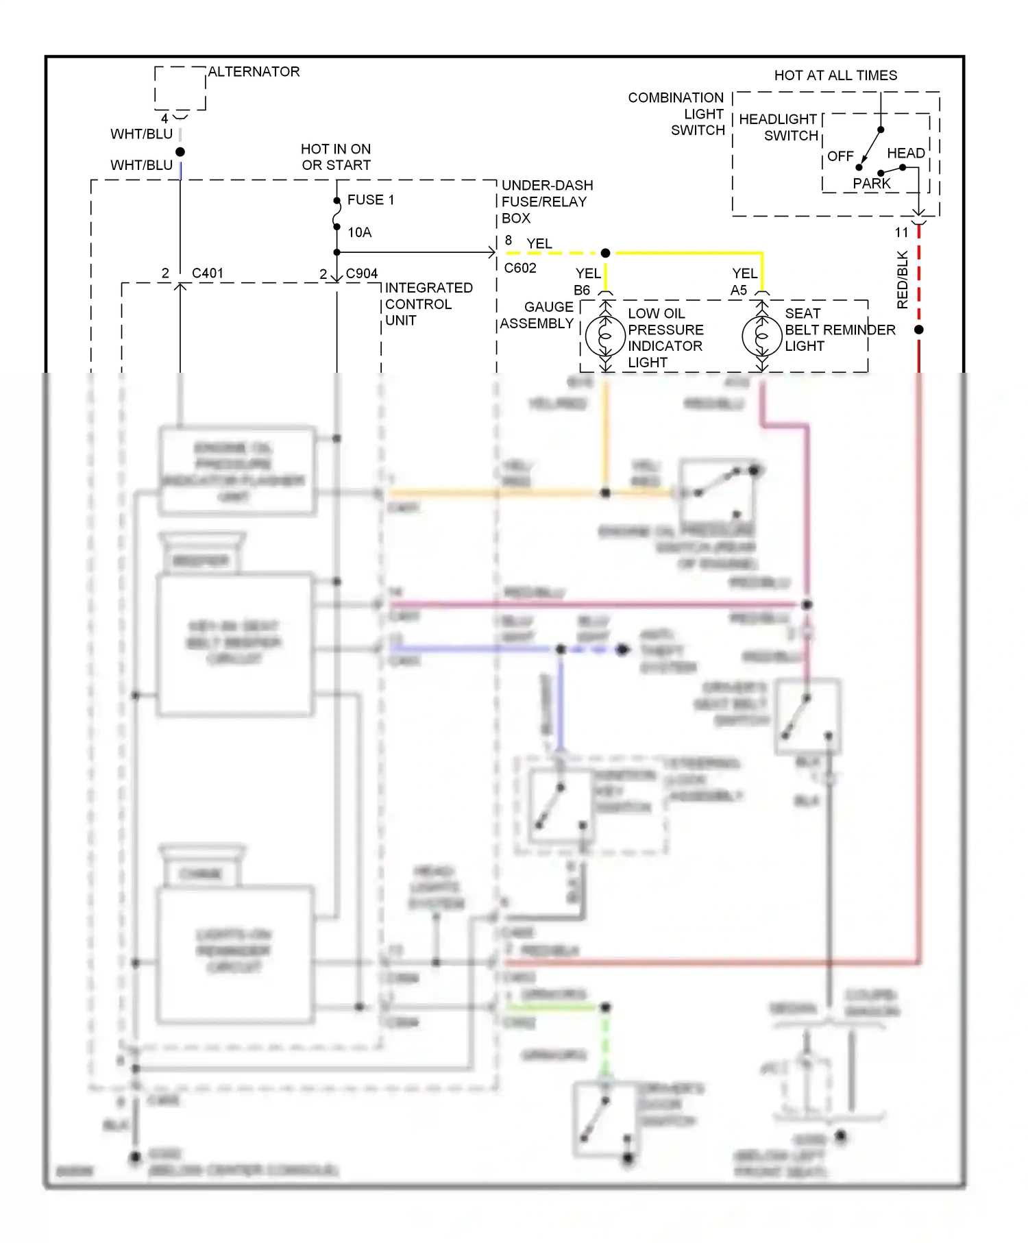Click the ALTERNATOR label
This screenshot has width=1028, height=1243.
point(254,72)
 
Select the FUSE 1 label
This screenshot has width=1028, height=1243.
point(370,200)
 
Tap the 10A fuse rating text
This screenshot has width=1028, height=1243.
point(359,233)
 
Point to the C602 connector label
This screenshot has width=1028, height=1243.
point(519,268)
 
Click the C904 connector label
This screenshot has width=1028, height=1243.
point(361,273)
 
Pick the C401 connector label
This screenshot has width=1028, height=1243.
point(207,273)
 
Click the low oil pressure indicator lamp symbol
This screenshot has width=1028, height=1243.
point(605,336)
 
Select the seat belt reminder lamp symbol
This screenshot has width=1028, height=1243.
point(761,336)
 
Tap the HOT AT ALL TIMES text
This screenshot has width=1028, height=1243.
point(835,75)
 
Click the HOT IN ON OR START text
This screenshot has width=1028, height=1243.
point(336,157)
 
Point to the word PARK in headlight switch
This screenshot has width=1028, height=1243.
point(871,184)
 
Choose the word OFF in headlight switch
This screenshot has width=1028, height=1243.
point(840,156)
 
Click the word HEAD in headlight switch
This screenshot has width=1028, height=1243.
point(905,153)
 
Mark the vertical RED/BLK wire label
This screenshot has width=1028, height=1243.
point(902,280)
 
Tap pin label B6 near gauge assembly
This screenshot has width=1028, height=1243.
point(581,291)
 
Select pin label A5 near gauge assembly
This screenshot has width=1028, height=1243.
point(738,291)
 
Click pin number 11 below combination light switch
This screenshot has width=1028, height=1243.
point(901,233)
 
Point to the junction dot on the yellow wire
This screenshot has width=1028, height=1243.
point(605,254)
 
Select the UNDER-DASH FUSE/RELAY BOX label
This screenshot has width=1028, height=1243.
point(546,202)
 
